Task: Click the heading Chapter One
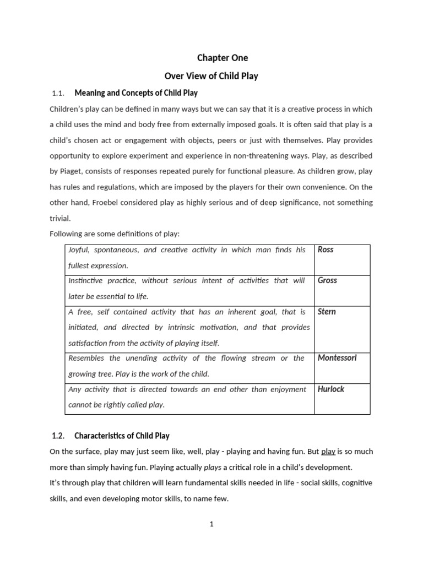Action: pos(223,58)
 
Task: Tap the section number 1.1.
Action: pos(58,93)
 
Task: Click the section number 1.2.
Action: pos(58,436)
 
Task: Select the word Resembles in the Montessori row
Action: pos(87,358)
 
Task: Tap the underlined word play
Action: pos(328,452)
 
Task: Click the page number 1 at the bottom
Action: pos(211,524)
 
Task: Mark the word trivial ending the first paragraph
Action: pos(60,218)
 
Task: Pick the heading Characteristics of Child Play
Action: pos(122,436)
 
